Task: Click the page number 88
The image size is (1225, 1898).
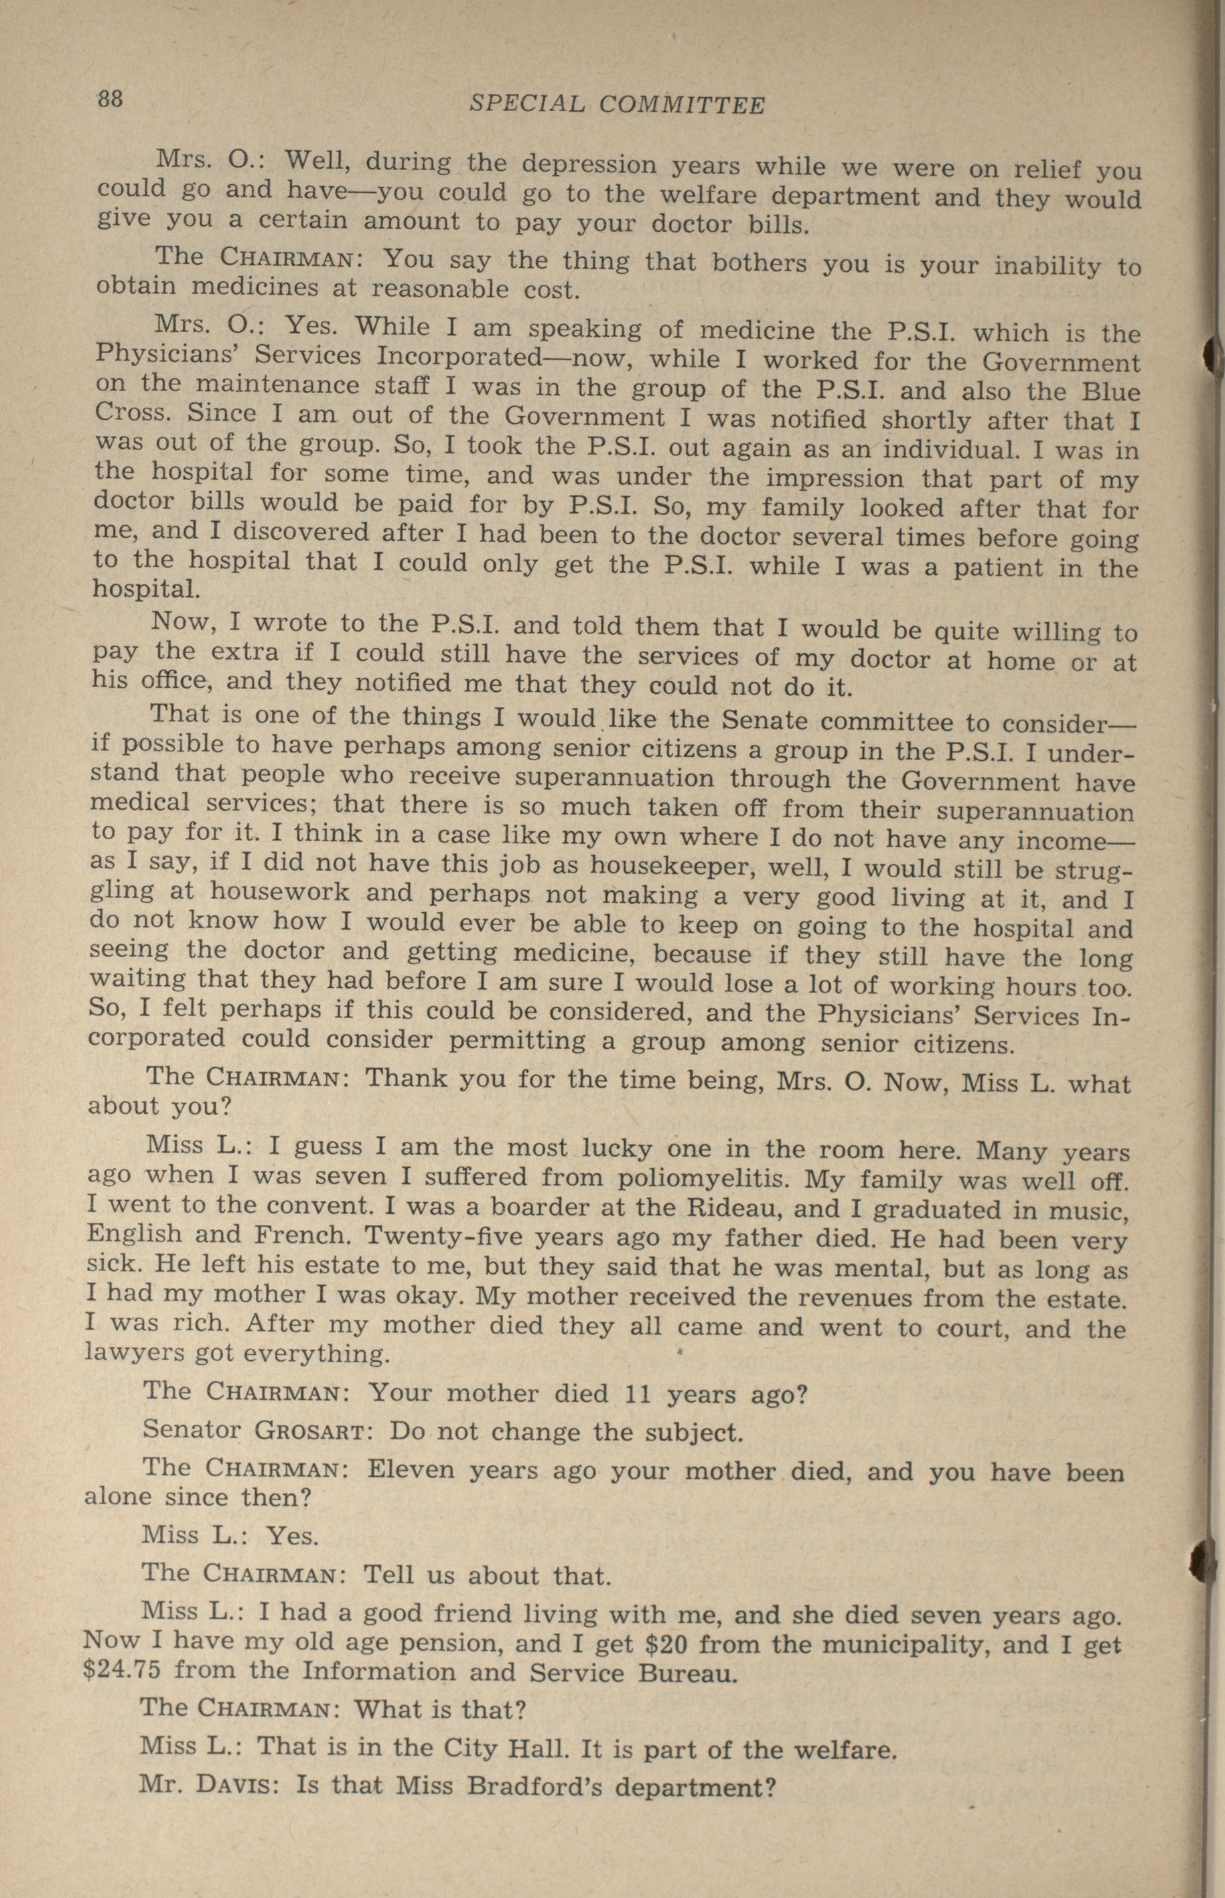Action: pos(111,99)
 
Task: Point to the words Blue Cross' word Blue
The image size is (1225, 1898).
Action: pos(1110,392)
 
